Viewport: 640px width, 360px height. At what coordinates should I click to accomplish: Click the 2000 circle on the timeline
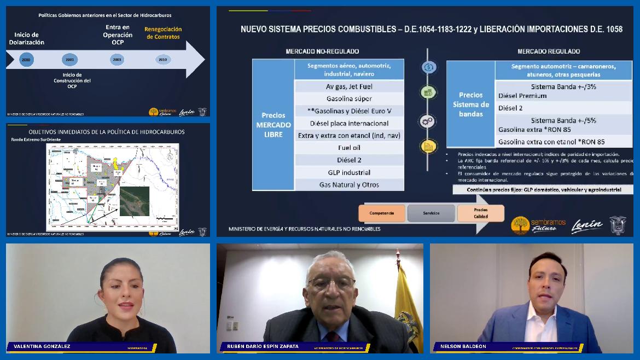coord(26,59)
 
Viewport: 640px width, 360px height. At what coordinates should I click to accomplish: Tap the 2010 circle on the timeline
coord(162,59)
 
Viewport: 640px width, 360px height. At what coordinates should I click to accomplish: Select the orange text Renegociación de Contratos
coord(162,33)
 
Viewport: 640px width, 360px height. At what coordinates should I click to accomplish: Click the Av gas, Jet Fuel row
coord(349,86)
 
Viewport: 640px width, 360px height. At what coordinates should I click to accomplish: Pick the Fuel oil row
coord(349,148)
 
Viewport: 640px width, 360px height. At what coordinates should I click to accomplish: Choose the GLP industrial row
coord(349,172)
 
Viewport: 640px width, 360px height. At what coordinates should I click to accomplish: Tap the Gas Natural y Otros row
coord(349,184)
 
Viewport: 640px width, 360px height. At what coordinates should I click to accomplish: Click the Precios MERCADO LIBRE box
coord(274,125)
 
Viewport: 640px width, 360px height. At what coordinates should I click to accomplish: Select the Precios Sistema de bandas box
coord(470,104)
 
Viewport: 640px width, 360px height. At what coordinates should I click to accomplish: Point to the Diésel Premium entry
coord(522,96)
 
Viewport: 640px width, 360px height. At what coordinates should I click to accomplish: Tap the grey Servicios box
coord(431,213)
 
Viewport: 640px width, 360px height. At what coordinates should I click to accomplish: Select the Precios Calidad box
coord(481,213)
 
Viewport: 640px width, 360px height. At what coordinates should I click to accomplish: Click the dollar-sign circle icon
coord(429,67)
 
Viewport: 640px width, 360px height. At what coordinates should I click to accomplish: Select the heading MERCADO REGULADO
coord(549,51)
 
